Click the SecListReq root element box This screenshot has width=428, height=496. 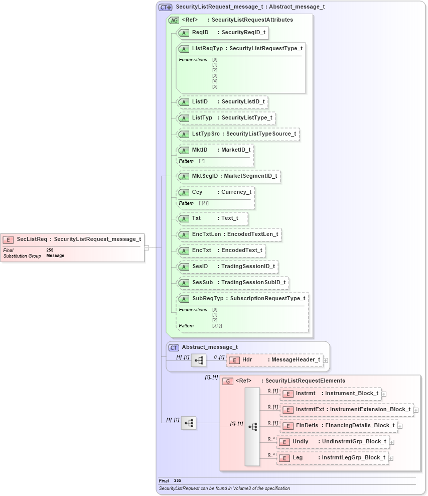point(72,239)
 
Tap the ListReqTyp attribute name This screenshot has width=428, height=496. point(207,49)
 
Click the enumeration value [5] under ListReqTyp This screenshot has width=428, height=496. point(215,87)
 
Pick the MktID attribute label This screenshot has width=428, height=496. point(200,150)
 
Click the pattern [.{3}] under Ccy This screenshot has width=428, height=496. point(204,203)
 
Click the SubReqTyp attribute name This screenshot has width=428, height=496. point(208,299)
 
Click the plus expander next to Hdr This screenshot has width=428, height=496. point(326,360)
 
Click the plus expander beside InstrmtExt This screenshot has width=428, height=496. point(416,410)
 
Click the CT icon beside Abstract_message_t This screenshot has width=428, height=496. point(174,347)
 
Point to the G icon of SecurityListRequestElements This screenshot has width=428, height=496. point(228,381)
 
